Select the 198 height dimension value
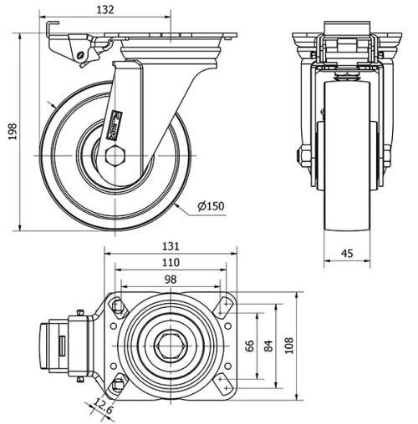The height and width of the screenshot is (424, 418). pos(12,132)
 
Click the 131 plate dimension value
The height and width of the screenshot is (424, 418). pos(171,246)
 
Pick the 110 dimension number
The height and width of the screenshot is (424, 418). pos(171,262)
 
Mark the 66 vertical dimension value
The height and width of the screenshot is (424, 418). pos(248,345)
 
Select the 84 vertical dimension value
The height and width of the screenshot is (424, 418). pos(268,345)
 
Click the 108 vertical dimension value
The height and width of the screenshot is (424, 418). pos(289,345)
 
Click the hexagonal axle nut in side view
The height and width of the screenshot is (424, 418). pos(117,155)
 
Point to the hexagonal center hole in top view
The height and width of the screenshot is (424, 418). pos(171,345)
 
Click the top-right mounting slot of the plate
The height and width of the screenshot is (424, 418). pos(223,306)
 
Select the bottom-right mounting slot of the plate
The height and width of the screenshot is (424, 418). pos(223,383)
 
